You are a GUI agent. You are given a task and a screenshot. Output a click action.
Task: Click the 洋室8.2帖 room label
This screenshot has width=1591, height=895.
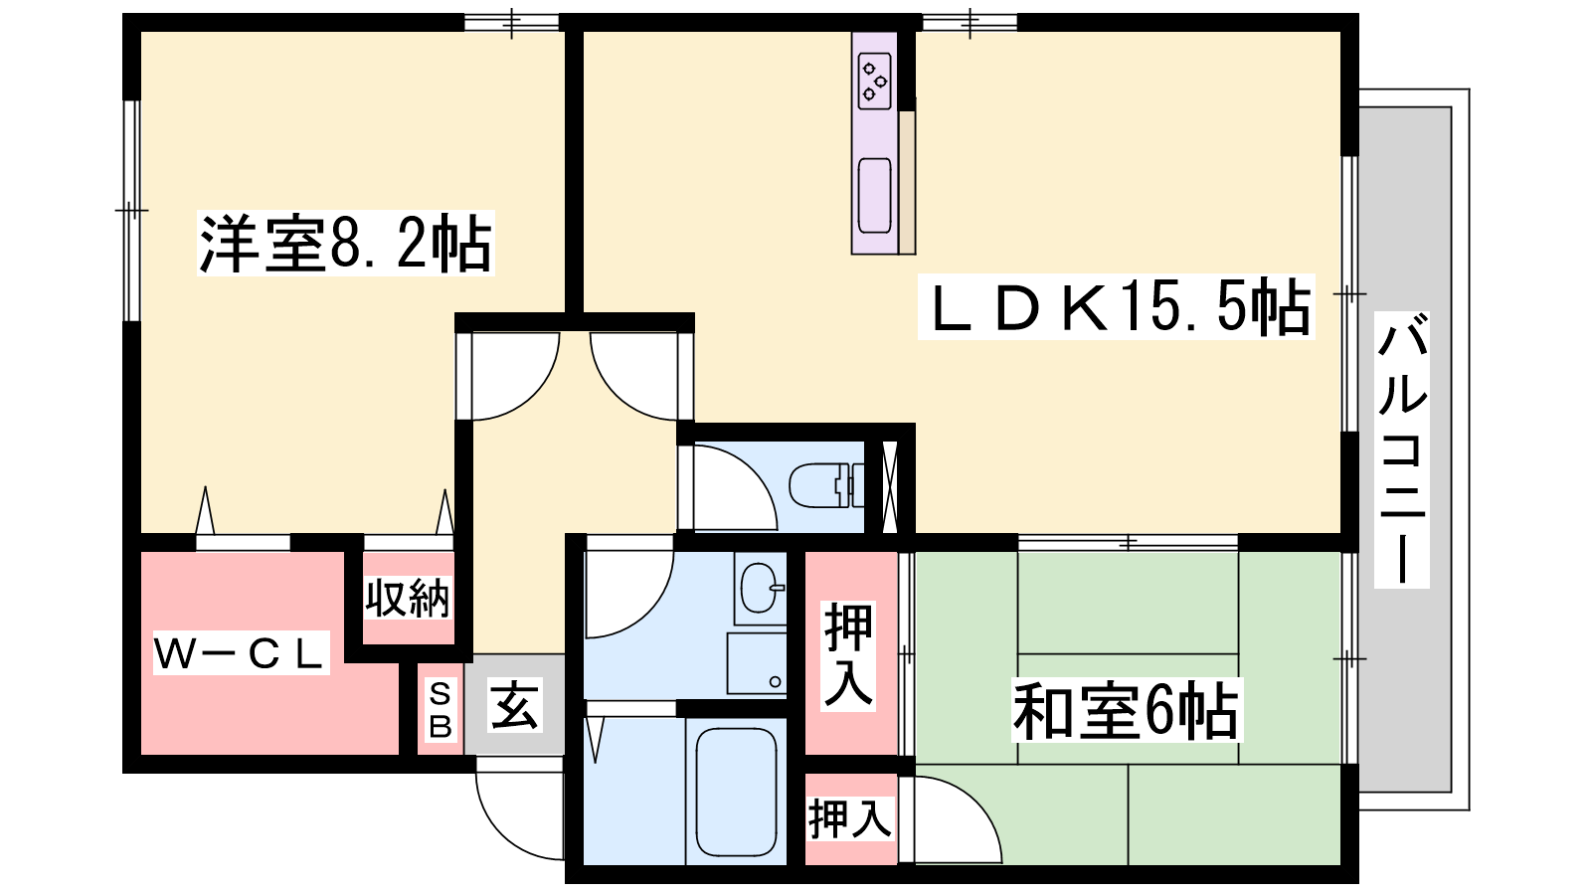tap(345, 243)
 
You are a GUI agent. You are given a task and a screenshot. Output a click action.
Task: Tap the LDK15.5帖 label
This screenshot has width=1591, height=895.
tap(1116, 307)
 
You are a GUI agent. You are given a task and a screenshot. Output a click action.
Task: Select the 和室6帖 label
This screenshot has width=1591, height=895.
tap(1126, 710)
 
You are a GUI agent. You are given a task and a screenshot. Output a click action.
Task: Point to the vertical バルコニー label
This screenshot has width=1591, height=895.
tap(1401, 449)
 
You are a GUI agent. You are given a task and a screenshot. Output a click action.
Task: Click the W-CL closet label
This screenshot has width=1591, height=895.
tap(242, 652)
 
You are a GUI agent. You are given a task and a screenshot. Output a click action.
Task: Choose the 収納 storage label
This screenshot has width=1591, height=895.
tap(408, 598)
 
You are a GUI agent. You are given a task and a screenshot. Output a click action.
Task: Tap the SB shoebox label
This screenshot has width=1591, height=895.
tap(441, 710)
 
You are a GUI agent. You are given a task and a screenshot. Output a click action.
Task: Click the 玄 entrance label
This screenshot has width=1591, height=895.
tap(515, 705)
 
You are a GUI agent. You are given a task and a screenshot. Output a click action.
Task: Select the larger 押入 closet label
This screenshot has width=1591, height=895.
tap(848, 655)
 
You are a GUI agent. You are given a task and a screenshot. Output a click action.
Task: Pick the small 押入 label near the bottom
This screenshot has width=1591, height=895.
tap(849, 818)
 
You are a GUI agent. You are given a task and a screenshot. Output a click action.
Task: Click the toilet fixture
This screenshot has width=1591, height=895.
tap(826, 485)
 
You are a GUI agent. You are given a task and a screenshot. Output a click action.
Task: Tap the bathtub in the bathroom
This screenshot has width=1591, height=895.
tap(736, 792)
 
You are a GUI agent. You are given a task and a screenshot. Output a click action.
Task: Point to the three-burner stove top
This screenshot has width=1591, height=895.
tap(874, 82)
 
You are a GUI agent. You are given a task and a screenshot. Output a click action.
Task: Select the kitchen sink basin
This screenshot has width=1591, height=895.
tap(874, 195)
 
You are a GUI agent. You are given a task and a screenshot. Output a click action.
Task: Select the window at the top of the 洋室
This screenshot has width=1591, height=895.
tap(512, 22)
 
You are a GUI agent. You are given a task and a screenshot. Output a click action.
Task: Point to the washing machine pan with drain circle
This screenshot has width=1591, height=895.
tap(757, 663)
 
